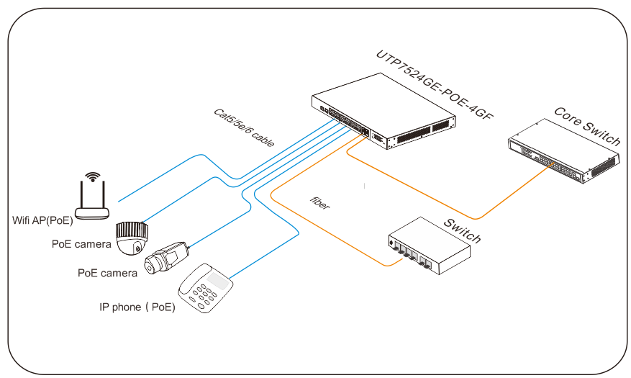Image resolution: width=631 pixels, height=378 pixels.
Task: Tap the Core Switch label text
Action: click(x=586, y=125)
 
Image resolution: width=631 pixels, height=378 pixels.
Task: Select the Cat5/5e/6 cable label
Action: click(x=244, y=128)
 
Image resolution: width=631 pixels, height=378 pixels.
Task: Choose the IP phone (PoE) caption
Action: click(x=137, y=307)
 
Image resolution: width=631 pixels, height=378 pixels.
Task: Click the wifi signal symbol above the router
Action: click(x=91, y=176)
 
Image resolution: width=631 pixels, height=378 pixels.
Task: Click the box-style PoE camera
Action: click(x=166, y=258)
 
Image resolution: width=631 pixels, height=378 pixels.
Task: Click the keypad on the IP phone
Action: click(x=202, y=295)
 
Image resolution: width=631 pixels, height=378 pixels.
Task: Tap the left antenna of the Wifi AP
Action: click(x=83, y=194)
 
